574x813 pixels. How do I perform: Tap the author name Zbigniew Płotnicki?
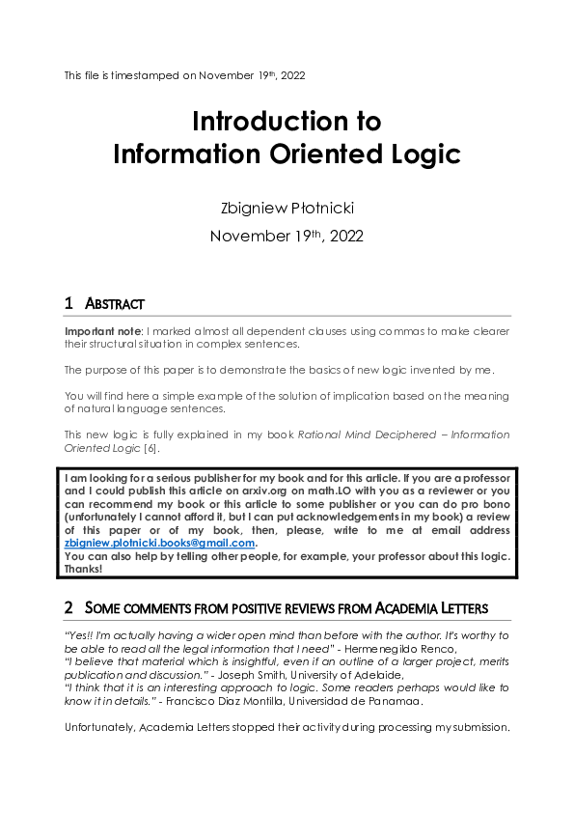tap(287, 207)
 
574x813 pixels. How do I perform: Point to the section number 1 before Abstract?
tap(68, 304)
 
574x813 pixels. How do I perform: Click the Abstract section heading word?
tap(115, 304)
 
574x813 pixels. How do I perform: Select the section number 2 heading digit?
tap(68, 608)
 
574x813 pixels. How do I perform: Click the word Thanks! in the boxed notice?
tap(84, 569)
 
